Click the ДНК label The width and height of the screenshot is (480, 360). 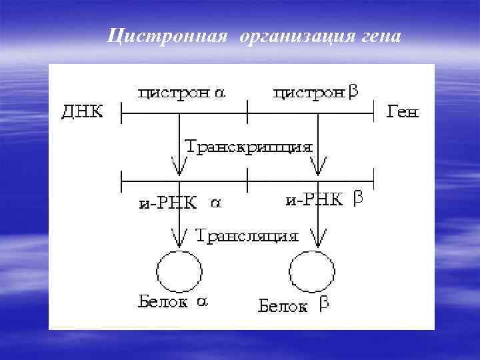pos(83,112)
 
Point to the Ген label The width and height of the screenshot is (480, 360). pos(403,112)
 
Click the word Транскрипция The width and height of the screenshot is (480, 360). pos(248,147)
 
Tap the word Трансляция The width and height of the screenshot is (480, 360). pos(247,235)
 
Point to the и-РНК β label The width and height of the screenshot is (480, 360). pos(323,199)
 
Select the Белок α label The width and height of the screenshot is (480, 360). pos(173,302)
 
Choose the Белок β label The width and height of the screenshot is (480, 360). pos(294,306)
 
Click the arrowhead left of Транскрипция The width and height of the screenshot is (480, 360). pos(179,161)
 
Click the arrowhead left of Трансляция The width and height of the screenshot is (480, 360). pos(179,237)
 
